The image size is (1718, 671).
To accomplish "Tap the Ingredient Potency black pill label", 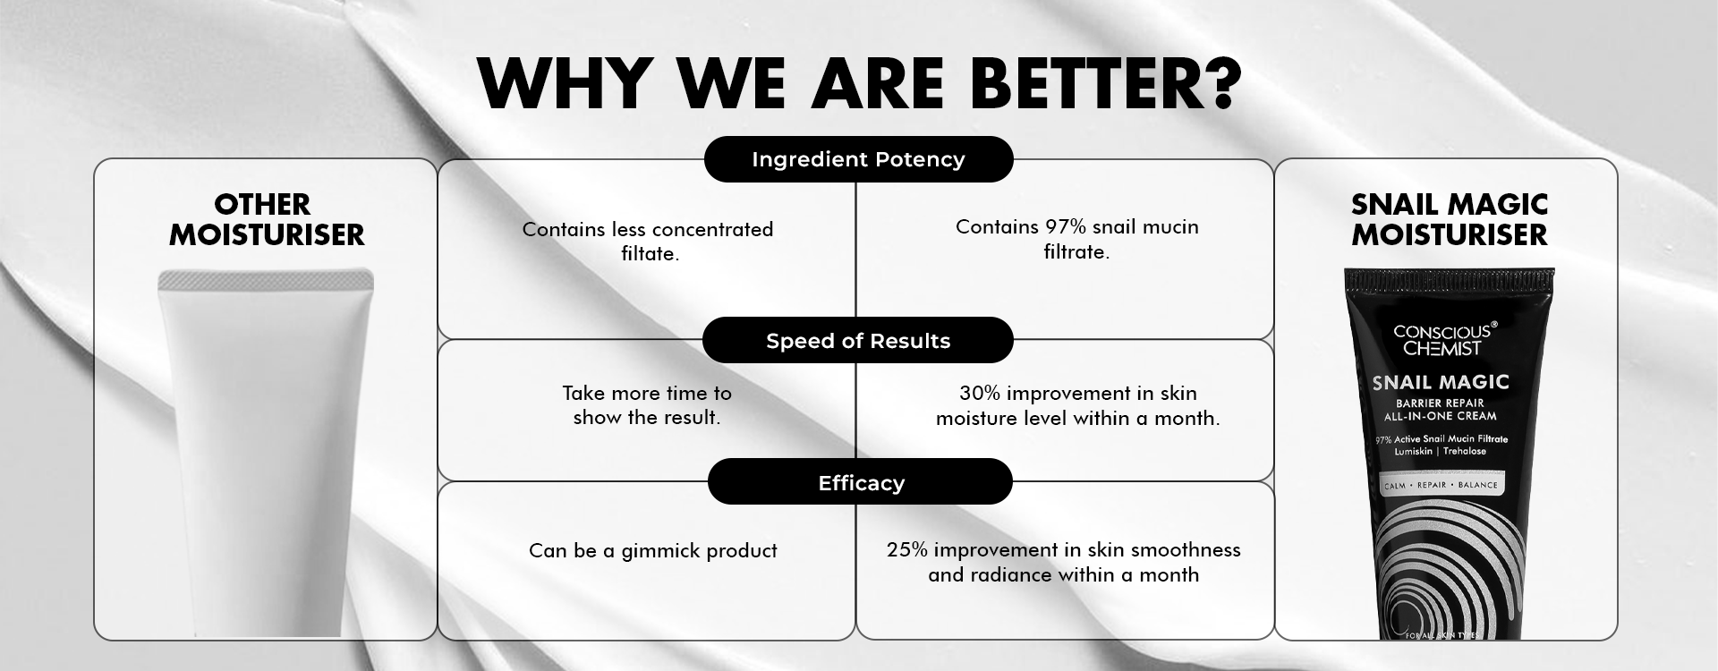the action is [859, 159].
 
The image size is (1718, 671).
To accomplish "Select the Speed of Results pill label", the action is [858, 341].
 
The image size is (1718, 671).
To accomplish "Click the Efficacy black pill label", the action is [861, 483].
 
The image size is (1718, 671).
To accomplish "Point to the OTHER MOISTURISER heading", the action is [267, 219].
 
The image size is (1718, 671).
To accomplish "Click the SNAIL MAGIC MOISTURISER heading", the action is [1450, 219].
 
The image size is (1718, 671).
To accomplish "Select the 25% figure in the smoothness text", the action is [907, 549].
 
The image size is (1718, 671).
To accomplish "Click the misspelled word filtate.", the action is [650, 254].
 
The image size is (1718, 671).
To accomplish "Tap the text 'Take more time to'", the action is [647, 393].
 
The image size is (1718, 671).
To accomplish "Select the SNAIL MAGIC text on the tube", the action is [1441, 382].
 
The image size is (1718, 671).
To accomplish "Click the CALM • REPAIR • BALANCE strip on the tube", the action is [1441, 485].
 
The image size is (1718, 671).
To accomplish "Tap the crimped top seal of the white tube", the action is [266, 281].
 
